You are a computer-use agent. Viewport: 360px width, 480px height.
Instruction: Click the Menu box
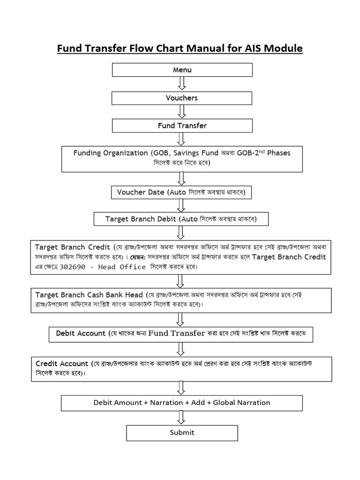[182, 70]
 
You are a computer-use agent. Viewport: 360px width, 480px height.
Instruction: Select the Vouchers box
[182, 98]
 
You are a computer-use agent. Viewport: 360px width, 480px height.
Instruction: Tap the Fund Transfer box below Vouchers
[182, 126]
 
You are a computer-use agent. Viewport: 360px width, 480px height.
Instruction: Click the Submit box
[182, 433]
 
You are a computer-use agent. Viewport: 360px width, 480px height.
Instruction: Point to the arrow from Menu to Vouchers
[182, 83]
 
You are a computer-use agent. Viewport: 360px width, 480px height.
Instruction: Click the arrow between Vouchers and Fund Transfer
[182, 112]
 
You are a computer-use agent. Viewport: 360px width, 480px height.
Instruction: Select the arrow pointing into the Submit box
[182, 418]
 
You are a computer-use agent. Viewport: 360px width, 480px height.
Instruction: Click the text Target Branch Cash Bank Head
[89, 295]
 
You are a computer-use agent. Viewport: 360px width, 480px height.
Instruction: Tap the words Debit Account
[81, 333]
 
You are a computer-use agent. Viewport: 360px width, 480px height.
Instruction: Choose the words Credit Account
[62, 364]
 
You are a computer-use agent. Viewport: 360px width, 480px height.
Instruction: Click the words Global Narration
[241, 403]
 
